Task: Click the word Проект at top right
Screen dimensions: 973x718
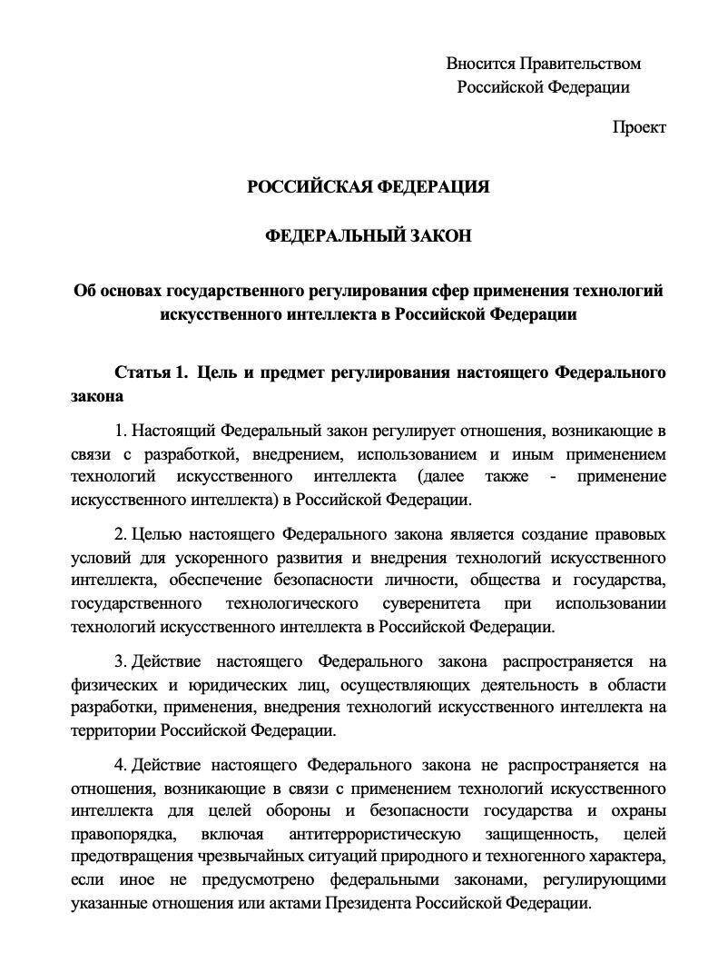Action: point(638,127)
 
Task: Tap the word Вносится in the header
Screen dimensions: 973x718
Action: point(479,64)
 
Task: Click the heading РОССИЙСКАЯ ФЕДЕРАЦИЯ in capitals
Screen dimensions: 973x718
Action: point(369,187)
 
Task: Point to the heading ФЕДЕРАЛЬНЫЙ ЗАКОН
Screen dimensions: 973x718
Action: point(369,236)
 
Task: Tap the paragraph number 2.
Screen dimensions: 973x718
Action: point(119,532)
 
